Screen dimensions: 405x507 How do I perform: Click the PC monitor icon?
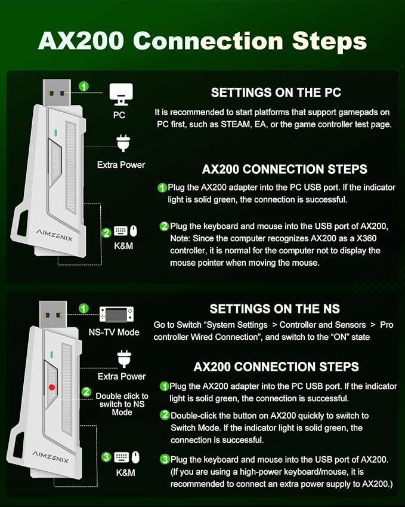(x=121, y=94)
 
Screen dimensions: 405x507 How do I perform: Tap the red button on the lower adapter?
(x=52, y=387)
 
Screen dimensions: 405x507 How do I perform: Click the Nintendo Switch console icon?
(x=116, y=314)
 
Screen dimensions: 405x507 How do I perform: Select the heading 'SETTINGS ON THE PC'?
(x=276, y=93)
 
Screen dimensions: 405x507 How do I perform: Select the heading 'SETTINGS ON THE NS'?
(x=275, y=309)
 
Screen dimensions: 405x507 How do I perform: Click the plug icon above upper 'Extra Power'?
(x=123, y=143)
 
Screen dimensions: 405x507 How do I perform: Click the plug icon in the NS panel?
(x=124, y=359)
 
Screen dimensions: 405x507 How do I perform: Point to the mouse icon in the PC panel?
(x=134, y=231)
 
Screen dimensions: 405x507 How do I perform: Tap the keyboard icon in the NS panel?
(x=122, y=457)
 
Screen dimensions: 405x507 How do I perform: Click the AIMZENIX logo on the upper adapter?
(x=54, y=235)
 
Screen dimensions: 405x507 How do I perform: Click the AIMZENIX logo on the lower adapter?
(x=50, y=457)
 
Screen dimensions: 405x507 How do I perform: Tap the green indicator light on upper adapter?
(x=56, y=133)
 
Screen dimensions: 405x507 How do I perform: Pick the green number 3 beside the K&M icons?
(x=106, y=457)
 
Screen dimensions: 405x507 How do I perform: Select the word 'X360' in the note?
(x=367, y=239)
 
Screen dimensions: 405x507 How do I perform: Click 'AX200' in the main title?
(x=81, y=41)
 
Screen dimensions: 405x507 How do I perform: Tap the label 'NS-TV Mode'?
(x=114, y=332)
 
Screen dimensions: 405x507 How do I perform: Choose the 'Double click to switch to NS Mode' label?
(x=122, y=404)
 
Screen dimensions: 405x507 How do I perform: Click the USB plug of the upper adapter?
(x=57, y=93)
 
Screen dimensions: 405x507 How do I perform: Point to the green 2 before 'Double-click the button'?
(x=165, y=415)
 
